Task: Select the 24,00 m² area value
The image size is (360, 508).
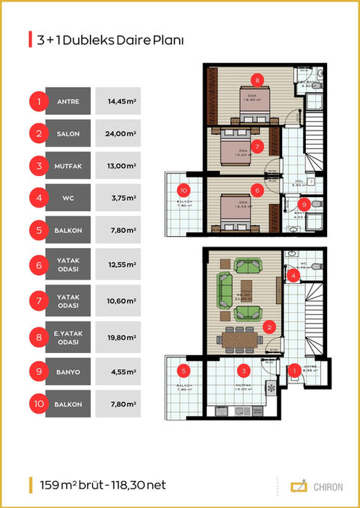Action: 121,134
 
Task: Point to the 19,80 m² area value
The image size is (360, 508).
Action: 121,336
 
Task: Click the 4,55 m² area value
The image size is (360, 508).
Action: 121,370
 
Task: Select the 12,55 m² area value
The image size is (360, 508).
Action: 121,264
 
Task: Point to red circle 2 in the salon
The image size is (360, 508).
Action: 268,327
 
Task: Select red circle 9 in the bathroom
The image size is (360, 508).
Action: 303,203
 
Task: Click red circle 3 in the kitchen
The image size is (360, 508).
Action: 242,369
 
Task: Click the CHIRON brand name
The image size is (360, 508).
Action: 328,486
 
